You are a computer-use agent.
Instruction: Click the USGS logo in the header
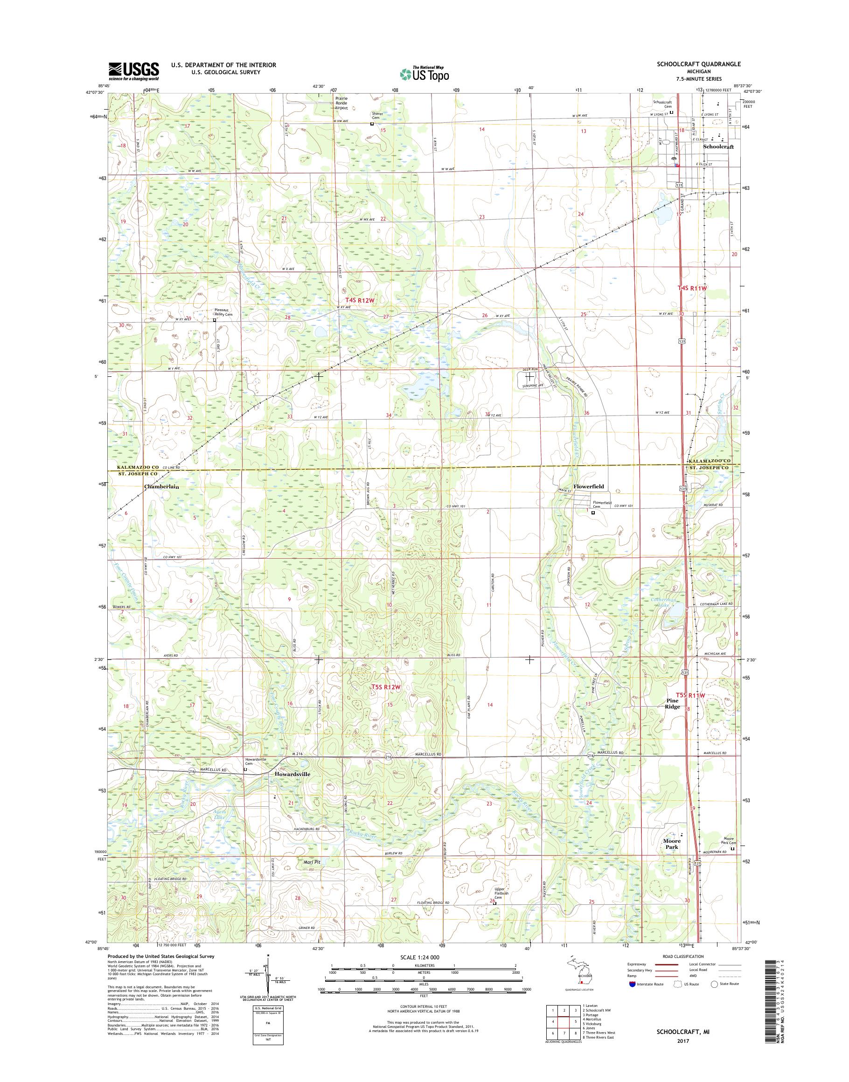[x=134, y=71]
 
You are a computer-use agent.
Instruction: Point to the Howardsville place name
[x=292, y=788]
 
